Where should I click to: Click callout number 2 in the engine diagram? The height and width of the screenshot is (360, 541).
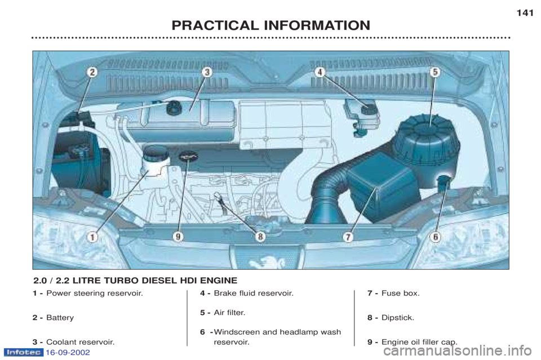pos(92,73)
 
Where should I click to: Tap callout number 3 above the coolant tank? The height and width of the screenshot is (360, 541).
pos(207,72)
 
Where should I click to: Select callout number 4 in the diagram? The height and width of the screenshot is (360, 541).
pos(320,72)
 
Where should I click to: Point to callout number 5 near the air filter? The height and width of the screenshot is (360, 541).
pos(435,72)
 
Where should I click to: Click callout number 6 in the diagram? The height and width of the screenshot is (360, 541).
pos(436,237)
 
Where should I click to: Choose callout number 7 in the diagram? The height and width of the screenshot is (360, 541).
pos(348,237)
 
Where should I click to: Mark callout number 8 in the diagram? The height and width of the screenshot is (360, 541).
pos(260,237)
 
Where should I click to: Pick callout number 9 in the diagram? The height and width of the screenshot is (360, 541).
pos(178,237)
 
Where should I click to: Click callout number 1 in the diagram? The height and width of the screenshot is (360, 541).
pos(92,237)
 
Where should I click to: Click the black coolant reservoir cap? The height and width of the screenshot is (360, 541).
pos(173,108)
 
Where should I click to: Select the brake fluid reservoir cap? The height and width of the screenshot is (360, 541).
pos(368,109)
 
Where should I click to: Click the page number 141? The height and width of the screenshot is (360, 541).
pos(525,13)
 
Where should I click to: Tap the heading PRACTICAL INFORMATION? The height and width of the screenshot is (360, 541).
pos(271,25)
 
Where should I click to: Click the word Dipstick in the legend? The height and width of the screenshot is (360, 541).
pos(397,318)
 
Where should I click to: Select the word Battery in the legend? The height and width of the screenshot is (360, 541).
pos(60,318)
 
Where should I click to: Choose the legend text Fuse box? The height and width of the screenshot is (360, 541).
pos(401,294)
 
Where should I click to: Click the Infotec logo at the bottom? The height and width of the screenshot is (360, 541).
pos(23,353)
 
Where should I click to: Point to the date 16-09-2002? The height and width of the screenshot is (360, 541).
pos(68,353)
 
